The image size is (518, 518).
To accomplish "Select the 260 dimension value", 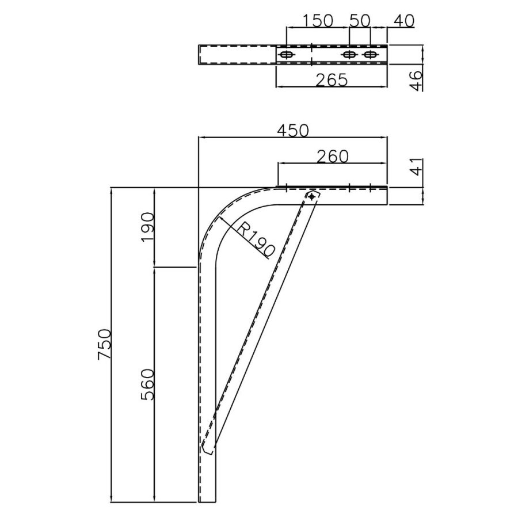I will tap(332, 156).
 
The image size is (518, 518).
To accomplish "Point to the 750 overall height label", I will tap(104, 344).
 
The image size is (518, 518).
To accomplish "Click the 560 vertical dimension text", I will tap(147, 384).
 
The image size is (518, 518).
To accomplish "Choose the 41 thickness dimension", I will tap(417, 167).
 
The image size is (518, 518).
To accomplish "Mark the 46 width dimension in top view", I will tap(417, 78).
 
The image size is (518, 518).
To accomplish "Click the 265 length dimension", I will tap(332, 80).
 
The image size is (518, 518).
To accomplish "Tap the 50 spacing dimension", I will tap(360, 21).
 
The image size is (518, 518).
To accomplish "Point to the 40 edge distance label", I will tap(404, 21).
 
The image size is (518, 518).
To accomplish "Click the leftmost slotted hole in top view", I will tap(287, 55).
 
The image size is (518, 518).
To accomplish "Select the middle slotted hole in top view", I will tap(349, 55).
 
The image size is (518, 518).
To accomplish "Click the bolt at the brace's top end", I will tap(312, 197).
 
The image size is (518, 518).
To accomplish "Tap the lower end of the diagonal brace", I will tap(208, 447).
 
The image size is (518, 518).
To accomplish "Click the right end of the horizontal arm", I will tap(386, 196).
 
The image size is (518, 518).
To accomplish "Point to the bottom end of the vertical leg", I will tap(207, 499).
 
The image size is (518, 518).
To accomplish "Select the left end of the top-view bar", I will tap(200, 55).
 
